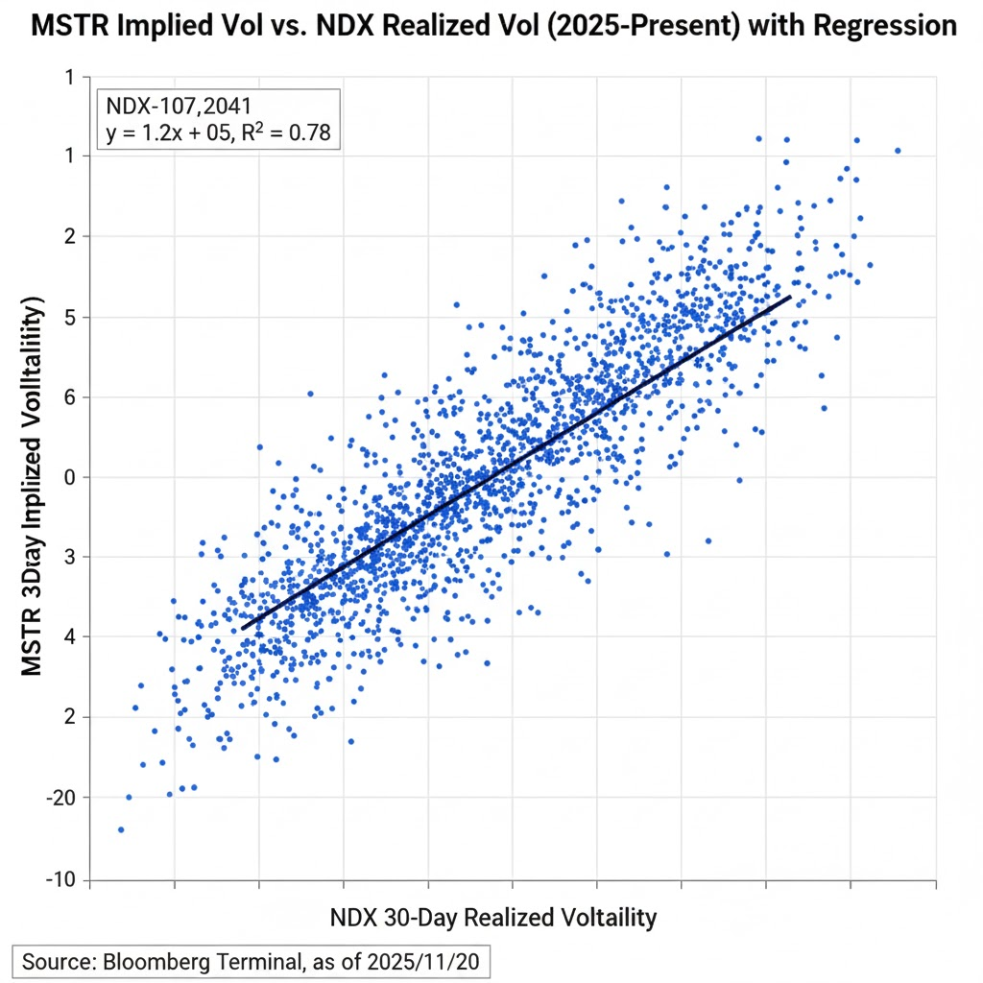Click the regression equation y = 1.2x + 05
click(x=166, y=134)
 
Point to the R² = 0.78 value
click(x=287, y=133)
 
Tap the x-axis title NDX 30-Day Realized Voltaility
click(x=493, y=917)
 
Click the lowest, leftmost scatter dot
click(x=121, y=829)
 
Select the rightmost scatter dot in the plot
click(x=898, y=151)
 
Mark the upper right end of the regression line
click(x=790, y=297)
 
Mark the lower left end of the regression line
click(x=242, y=629)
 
